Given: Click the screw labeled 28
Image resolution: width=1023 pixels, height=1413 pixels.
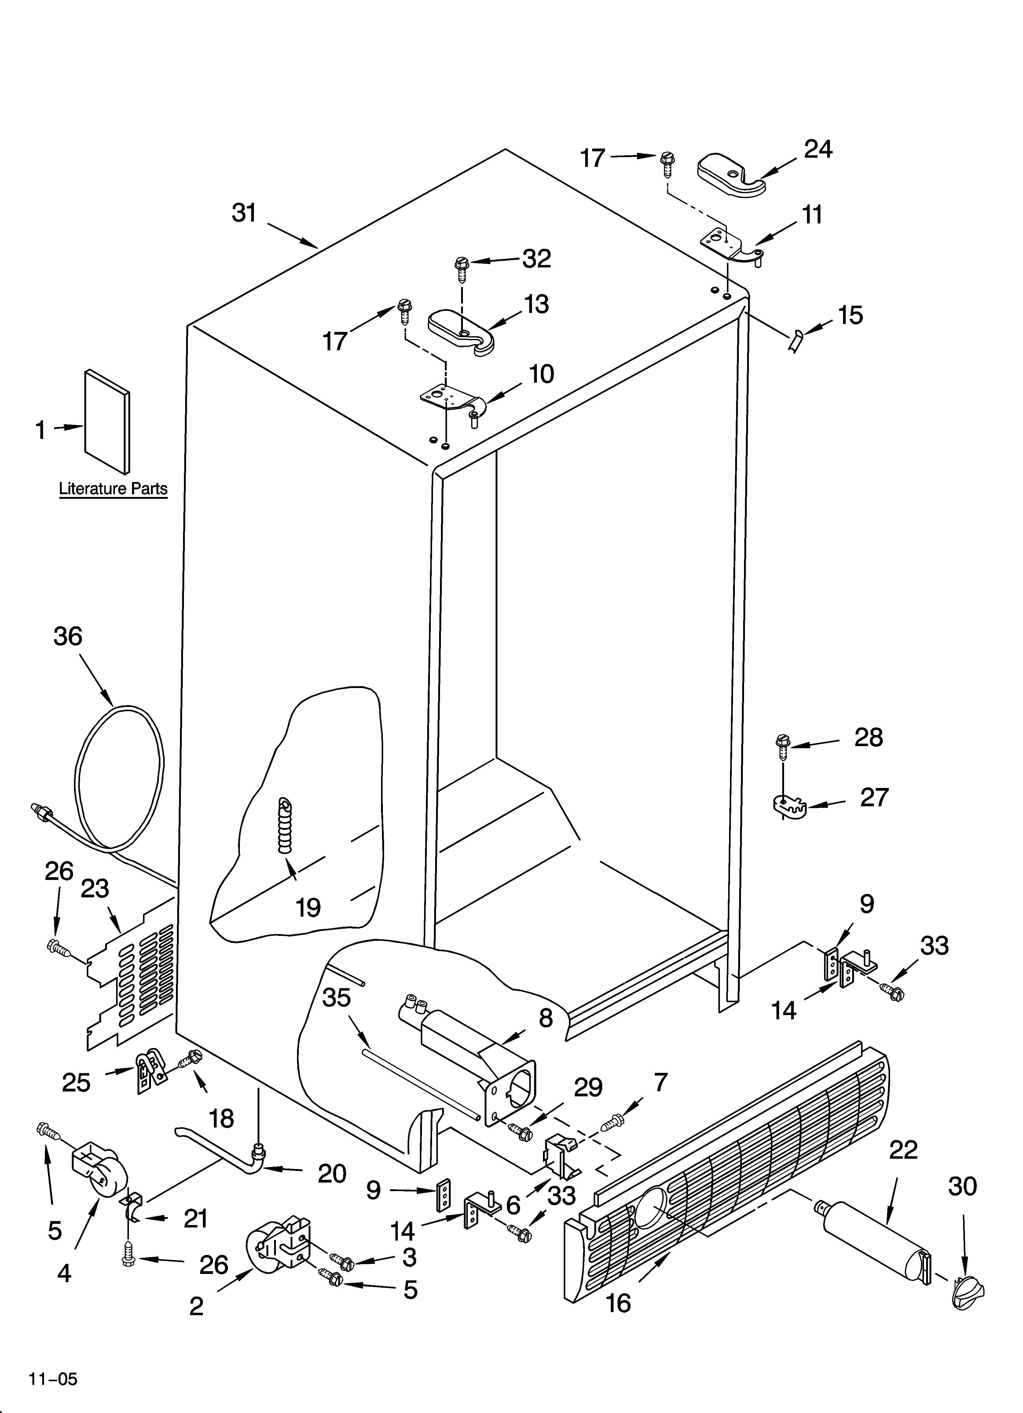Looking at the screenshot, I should [x=783, y=746].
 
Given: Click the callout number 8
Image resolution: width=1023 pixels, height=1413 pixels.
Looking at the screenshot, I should [x=545, y=1018].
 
